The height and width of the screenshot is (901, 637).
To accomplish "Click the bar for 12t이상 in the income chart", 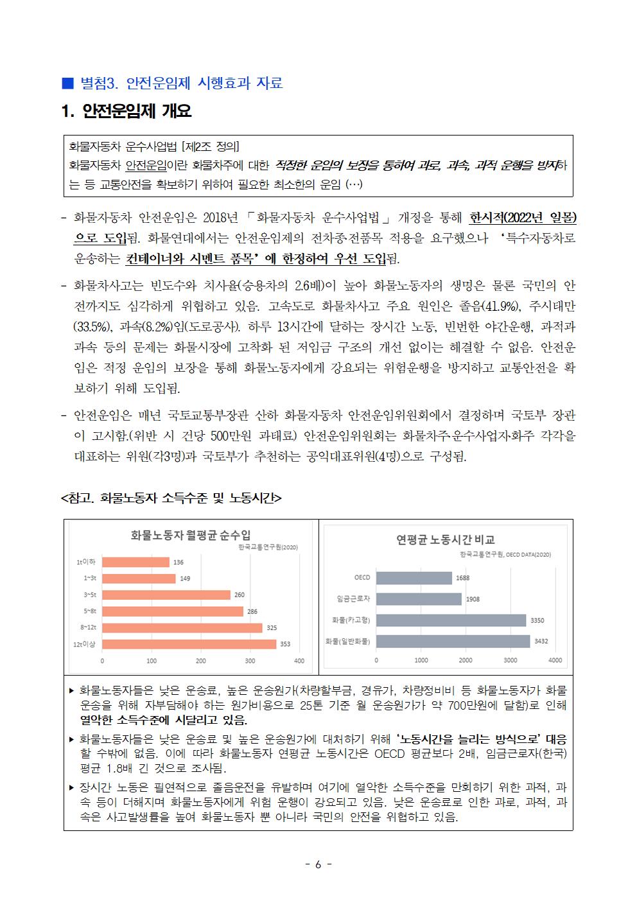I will [x=189, y=644].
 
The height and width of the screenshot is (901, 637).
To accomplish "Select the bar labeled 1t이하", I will [x=135, y=562].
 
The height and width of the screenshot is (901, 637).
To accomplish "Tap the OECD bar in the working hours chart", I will [x=414, y=578].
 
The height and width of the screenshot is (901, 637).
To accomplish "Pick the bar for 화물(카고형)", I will [x=451, y=620].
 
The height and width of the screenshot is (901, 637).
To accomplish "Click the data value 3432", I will [x=541, y=642].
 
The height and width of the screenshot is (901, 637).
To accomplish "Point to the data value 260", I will [x=239, y=595].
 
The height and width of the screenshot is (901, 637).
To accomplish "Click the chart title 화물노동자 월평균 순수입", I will [x=190, y=535].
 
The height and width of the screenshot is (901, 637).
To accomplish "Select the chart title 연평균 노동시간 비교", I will [x=445, y=539].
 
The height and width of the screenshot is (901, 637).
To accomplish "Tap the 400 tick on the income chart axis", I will [x=299, y=661].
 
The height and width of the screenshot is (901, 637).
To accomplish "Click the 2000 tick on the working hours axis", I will [x=466, y=660].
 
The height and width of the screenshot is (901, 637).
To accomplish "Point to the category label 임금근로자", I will [x=353, y=599].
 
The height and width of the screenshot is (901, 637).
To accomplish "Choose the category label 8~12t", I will [x=88, y=627].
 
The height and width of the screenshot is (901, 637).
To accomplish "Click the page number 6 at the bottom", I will [x=318, y=864].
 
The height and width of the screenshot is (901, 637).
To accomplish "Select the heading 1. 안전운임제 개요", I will [x=127, y=112].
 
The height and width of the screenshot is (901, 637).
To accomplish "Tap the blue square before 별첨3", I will [x=67, y=83].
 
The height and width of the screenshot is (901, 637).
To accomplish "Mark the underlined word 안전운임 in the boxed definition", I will [x=146, y=166].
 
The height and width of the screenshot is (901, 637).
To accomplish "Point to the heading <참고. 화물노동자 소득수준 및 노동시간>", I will [x=171, y=498].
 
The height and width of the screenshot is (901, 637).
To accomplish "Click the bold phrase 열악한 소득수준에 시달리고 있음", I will [x=163, y=719].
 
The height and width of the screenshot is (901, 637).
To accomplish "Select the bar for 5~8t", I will [x=172, y=611].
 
